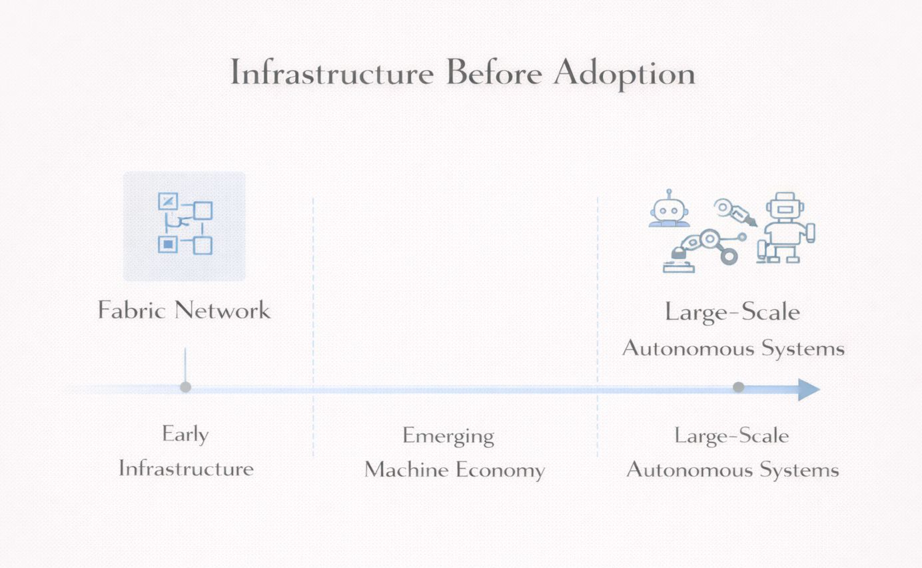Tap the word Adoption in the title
[624, 75]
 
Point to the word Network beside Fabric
[223, 310]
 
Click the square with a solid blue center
[168, 244]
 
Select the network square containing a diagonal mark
[168, 200]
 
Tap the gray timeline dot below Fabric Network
[185, 387]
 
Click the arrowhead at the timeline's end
[808, 390]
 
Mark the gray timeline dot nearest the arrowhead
[738, 387]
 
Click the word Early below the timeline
[185, 435]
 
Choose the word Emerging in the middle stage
[448, 437]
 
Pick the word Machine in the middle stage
[406, 469]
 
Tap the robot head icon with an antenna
[669, 211]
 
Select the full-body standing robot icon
[787, 228]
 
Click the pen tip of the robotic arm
[751, 220]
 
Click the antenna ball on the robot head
[669, 192]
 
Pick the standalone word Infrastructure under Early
[186, 468]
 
